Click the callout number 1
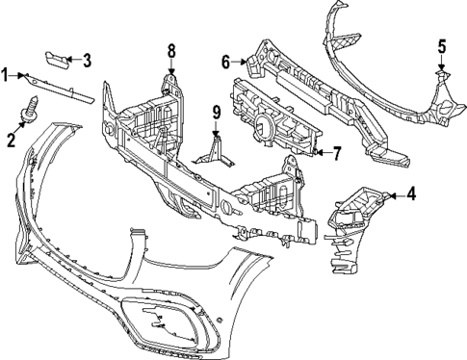click(x=6, y=74)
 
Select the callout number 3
click(x=87, y=61)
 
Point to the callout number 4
click(x=412, y=193)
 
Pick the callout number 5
click(x=441, y=45)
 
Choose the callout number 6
click(x=226, y=62)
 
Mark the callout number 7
click(x=336, y=152)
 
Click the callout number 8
click(x=171, y=50)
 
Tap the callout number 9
click(x=217, y=112)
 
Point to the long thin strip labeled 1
click(x=58, y=86)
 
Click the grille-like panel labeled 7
click(x=270, y=121)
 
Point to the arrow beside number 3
click(x=75, y=61)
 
